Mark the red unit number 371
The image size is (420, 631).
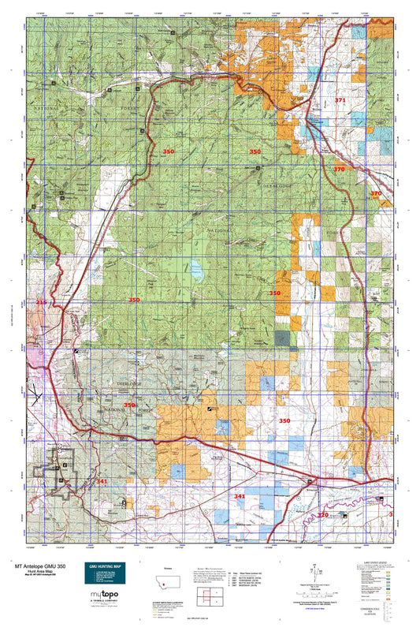tap(340, 101)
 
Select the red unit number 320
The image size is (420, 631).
tap(322, 514)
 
